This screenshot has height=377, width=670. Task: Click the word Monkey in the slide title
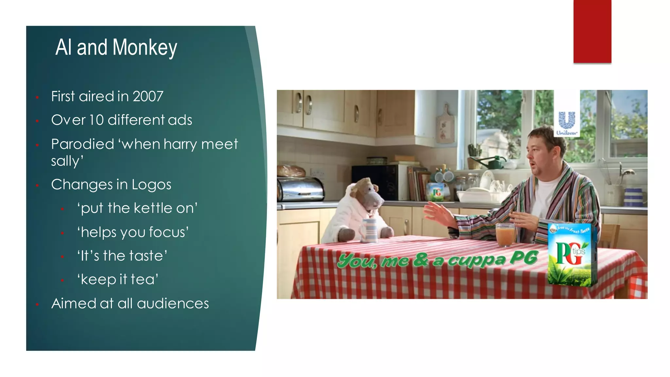145,48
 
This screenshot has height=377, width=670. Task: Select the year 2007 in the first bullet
148,97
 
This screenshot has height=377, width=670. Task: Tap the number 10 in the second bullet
96,120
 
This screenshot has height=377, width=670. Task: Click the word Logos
151,185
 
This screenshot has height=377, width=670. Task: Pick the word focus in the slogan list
168,232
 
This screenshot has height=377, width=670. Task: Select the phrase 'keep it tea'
118,280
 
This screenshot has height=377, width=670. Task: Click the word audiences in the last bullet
173,304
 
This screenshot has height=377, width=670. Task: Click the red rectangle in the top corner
592,31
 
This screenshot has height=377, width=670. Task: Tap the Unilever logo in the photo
567,123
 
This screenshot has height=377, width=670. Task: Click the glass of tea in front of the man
505,234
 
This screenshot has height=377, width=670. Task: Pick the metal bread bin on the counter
300,189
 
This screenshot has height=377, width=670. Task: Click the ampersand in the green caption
421,260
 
